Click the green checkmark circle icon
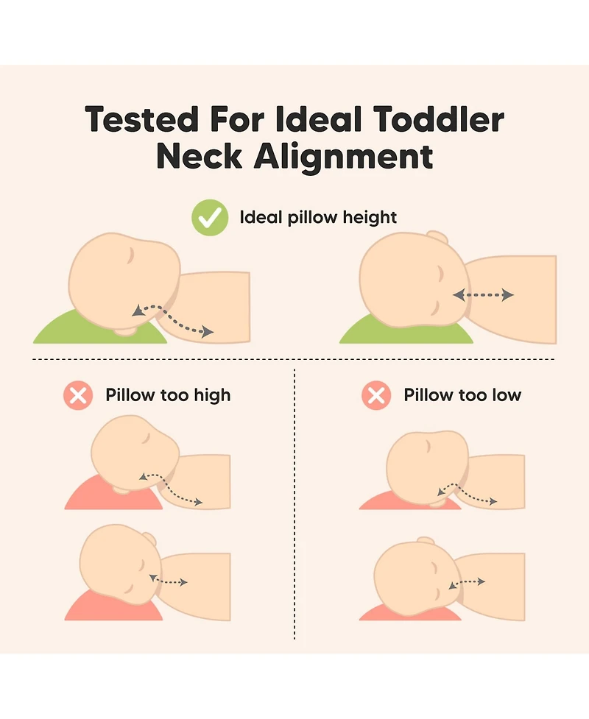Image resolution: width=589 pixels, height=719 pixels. pos(210,218)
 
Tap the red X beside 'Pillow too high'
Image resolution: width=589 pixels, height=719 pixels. pos(78,395)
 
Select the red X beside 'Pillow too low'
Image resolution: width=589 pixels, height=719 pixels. pos(376,395)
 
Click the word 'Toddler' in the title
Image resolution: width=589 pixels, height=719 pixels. pos(439,119)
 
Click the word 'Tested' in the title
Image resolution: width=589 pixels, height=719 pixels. pos(142,119)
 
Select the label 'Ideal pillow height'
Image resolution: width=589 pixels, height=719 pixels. pos(318,217)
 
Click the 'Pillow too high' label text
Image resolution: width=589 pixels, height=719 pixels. pos(168,395)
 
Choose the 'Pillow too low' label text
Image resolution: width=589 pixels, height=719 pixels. pos(462,394)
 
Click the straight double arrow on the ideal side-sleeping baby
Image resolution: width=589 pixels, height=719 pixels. pos(483,295)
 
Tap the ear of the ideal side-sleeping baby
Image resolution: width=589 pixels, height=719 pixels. pos(437,237)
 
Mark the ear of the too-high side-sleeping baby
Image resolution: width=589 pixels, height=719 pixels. pos(149,539)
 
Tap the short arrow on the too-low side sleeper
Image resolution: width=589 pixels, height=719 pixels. pos(467,584)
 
